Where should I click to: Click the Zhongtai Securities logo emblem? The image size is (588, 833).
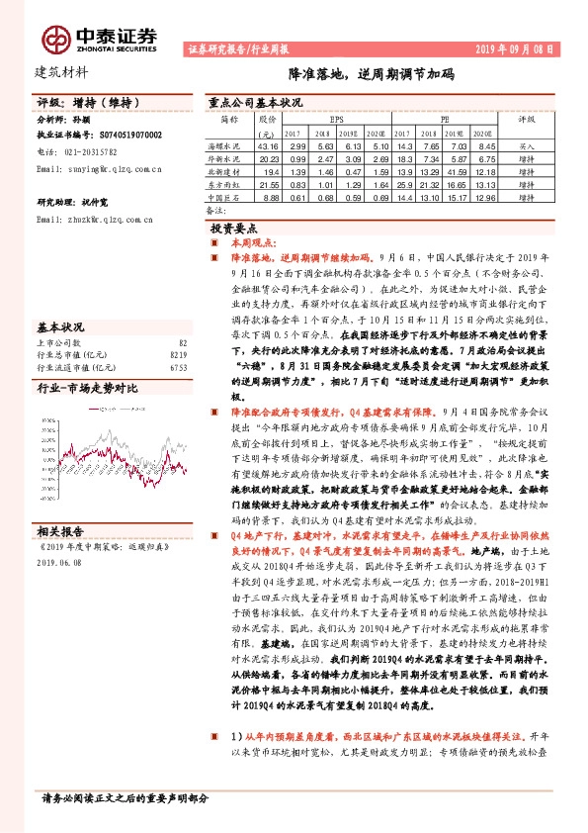pyautogui.click(x=55, y=38)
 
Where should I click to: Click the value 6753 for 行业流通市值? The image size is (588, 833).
pyautogui.click(x=179, y=366)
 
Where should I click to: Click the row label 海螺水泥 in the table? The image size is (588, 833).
pyautogui.click(x=229, y=146)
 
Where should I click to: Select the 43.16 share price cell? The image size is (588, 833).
pyautogui.click(x=267, y=146)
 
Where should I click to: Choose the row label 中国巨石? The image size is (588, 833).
pyautogui.click(x=229, y=198)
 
